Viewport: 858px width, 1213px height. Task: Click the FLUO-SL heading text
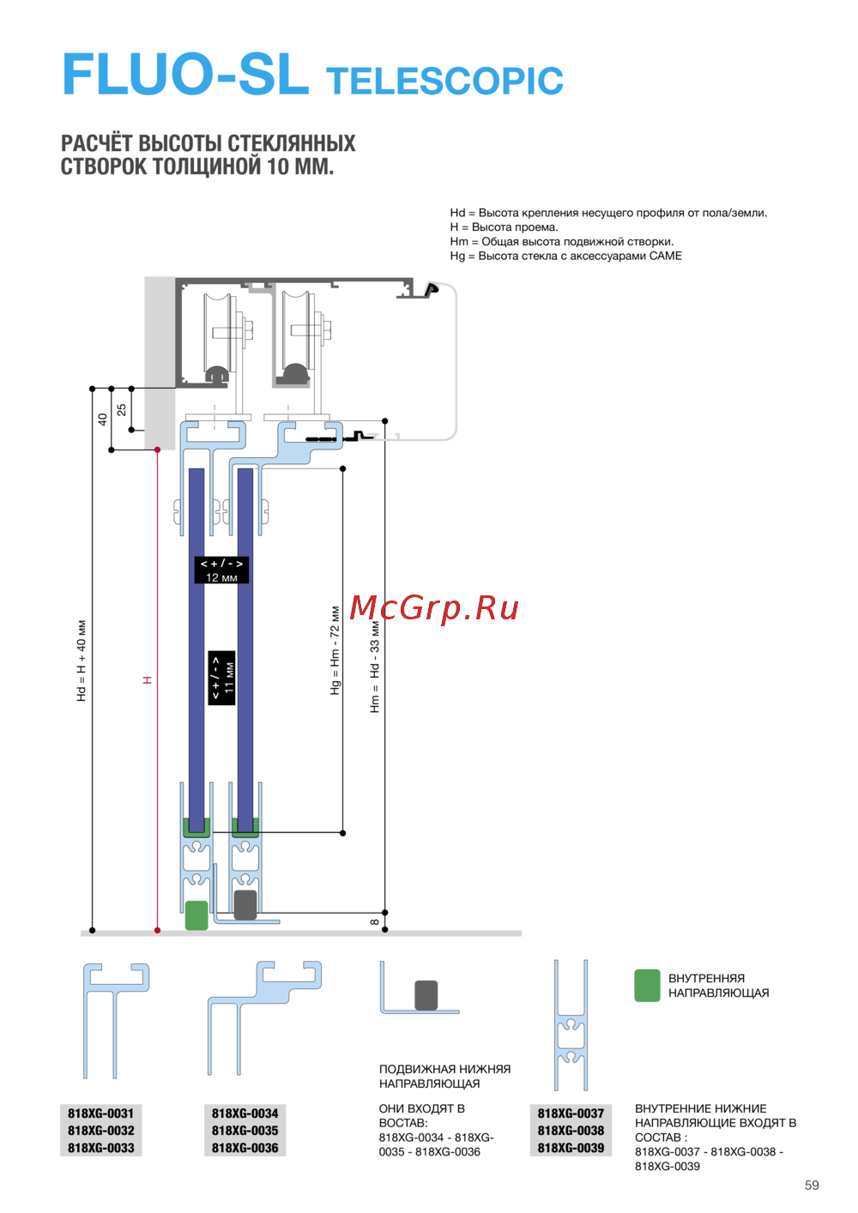tap(186, 74)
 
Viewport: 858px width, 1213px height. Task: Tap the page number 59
tap(812, 1186)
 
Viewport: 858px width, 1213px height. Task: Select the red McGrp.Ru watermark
tap(434, 607)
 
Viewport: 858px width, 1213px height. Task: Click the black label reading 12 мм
tap(221, 570)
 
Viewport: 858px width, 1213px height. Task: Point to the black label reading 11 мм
tap(221, 678)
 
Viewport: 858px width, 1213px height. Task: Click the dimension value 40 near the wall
tap(102, 419)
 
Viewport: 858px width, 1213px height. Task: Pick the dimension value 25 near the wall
tap(121, 409)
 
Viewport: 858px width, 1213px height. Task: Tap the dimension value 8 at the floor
tap(374, 921)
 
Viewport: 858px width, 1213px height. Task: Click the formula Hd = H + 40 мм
tap(82, 661)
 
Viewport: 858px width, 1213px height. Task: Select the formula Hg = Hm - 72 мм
tap(335, 650)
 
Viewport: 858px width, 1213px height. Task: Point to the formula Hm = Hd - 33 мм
tap(374, 667)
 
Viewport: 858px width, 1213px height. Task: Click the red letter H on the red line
tap(147, 680)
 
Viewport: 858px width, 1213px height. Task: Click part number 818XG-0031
tap(100, 1113)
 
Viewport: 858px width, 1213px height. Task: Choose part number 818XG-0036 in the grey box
tap(245, 1148)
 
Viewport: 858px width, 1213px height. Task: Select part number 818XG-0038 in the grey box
tap(571, 1131)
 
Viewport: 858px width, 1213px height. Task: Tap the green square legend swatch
tap(647, 986)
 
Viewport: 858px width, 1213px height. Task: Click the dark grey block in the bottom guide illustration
tap(426, 995)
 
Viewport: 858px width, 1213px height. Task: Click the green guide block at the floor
tap(196, 915)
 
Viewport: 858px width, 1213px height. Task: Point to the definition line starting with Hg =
tap(565, 256)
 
